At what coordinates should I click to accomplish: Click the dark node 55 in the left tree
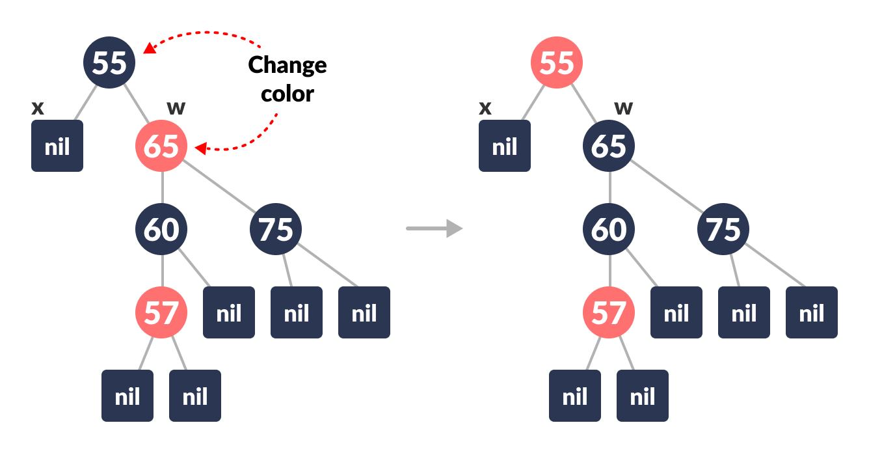(x=109, y=62)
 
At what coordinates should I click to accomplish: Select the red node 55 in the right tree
(x=557, y=62)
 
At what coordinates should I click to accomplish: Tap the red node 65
(x=161, y=146)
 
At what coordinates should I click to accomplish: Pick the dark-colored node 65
(x=609, y=146)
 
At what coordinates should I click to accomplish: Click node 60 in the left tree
(x=161, y=229)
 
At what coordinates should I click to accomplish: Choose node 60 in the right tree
(x=609, y=229)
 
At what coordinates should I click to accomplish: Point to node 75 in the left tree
(x=276, y=229)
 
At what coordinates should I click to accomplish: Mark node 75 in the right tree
(x=723, y=229)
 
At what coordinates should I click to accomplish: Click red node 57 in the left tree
(x=161, y=312)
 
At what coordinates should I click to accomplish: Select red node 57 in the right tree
(x=609, y=312)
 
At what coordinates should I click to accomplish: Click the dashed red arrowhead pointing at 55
(x=149, y=48)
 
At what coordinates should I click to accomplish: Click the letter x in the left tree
(x=38, y=108)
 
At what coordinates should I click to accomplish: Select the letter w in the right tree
(x=623, y=108)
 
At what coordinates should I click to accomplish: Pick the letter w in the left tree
(x=176, y=108)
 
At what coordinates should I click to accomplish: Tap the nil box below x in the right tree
(x=505, y=146)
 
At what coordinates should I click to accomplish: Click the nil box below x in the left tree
(x=57, y=146)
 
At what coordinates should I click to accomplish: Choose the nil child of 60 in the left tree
(x=229, y=312)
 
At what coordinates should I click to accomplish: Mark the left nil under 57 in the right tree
(x=575, y=396)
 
